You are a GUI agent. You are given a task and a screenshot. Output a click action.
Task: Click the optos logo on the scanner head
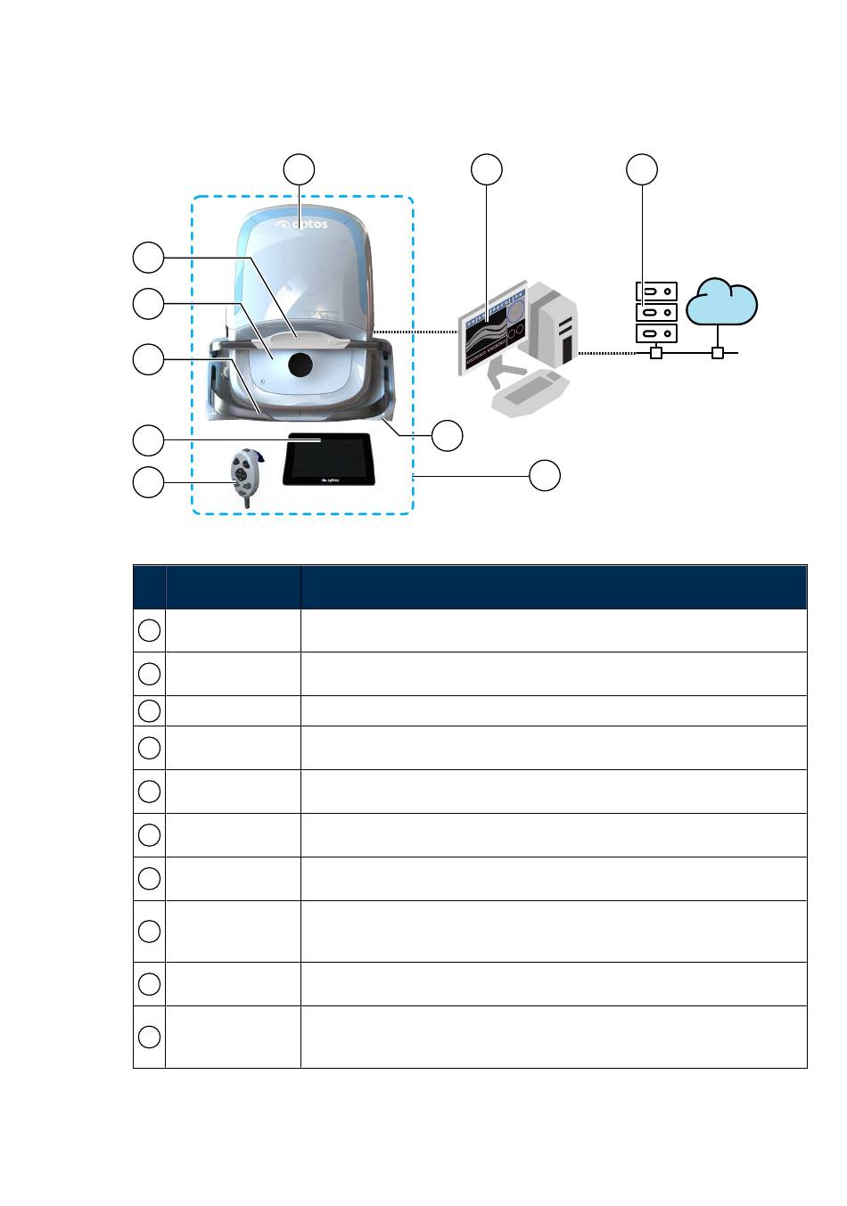[x=300, y=224]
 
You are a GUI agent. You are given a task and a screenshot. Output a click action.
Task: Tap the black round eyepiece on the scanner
[x=300, y=363]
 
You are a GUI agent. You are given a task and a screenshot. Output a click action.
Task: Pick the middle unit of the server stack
[x=656, y=313]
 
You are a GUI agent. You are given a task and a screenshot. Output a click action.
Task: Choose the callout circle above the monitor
[x=487, y=169]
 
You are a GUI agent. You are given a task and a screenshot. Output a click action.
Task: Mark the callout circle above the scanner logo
[x=300, y=169]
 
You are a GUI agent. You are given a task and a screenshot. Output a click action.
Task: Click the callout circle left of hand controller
[x=148, y=482]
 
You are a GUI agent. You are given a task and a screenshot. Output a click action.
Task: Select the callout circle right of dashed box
[x=545, y=475]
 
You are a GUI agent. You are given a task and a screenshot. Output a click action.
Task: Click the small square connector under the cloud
[x=718, y=354]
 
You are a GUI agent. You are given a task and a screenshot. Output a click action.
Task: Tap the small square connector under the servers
[x=656, y=354]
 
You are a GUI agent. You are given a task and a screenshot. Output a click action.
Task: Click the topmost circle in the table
[x=150, y=630]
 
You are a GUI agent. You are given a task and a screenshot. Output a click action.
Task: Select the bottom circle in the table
[x=150, y=1037]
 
